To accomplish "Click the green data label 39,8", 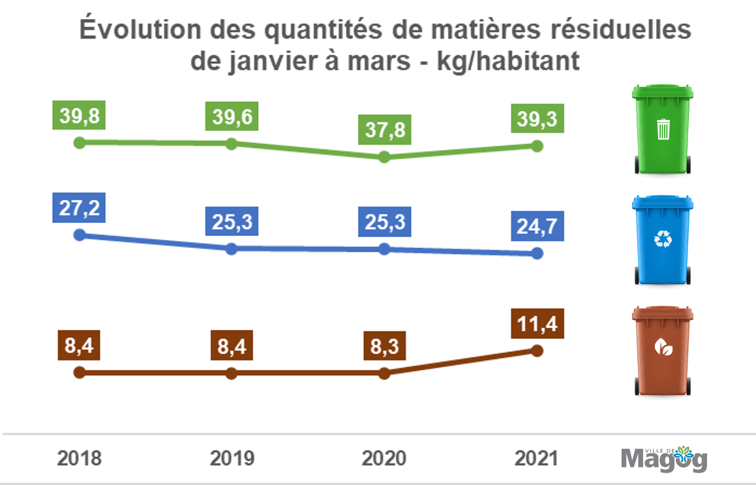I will pos(79,115).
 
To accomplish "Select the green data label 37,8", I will pos(384,130).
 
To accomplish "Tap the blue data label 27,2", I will pos(79,209).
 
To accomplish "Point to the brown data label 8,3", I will pos(384,345).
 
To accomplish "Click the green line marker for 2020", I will pos(384,156).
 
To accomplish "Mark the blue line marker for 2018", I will pos(79,235).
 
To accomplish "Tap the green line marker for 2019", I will pos(231,143).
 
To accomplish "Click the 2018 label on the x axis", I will pos(79,458).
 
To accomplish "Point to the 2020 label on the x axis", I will pos(384,458).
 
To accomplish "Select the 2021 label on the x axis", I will pos(537,458).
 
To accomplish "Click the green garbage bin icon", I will pos(662,128).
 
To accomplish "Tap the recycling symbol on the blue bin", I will pos(663,240).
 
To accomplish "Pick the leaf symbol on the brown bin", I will pos(663,349).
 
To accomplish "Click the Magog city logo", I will pos(664,459).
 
